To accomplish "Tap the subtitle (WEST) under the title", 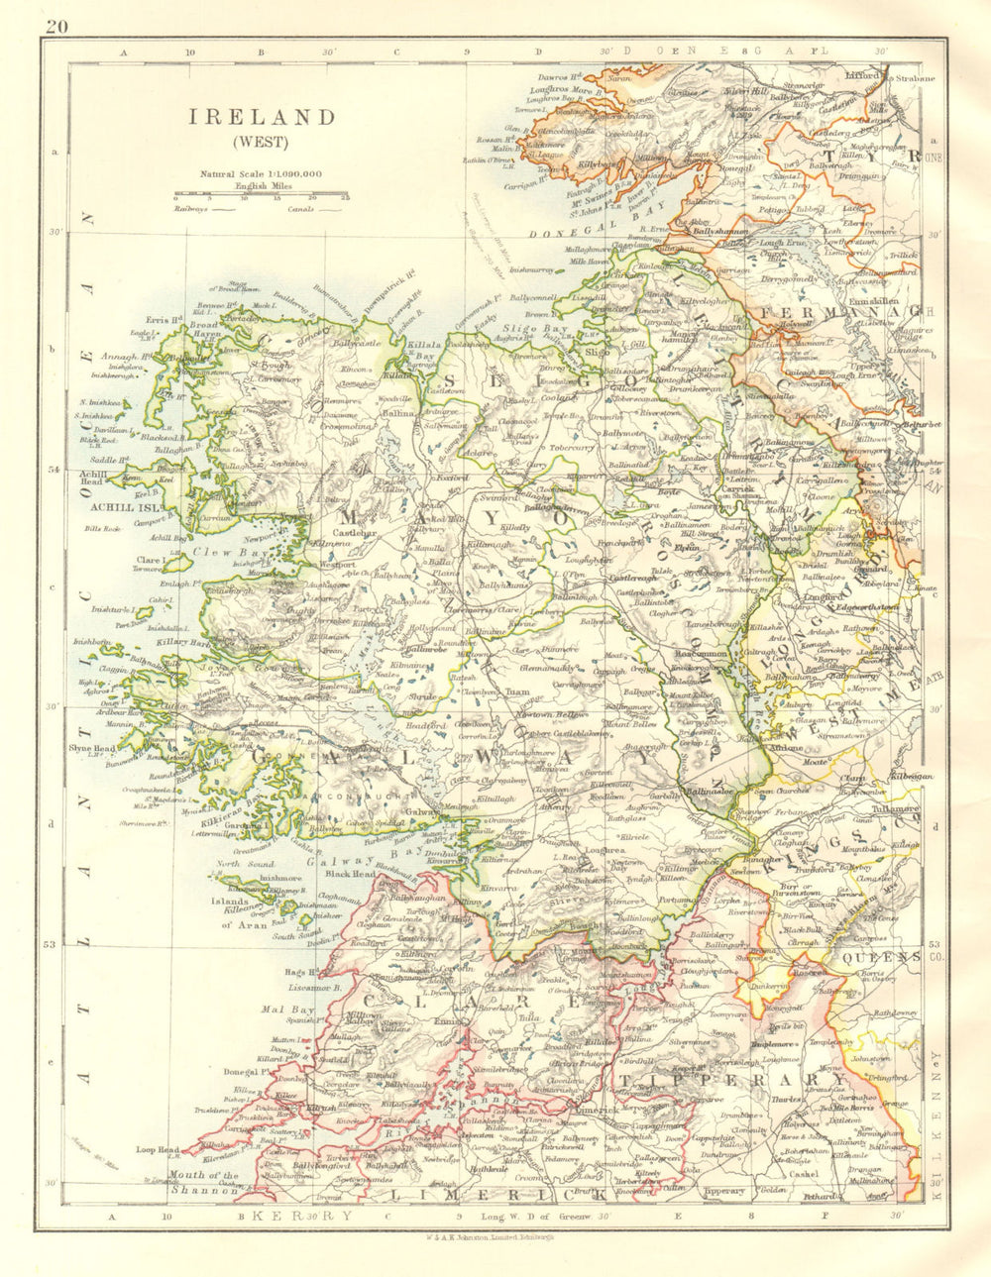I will pyautogui.click(x=263, y=141).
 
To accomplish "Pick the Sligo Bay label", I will pyautogui.click(x=544, y=326).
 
